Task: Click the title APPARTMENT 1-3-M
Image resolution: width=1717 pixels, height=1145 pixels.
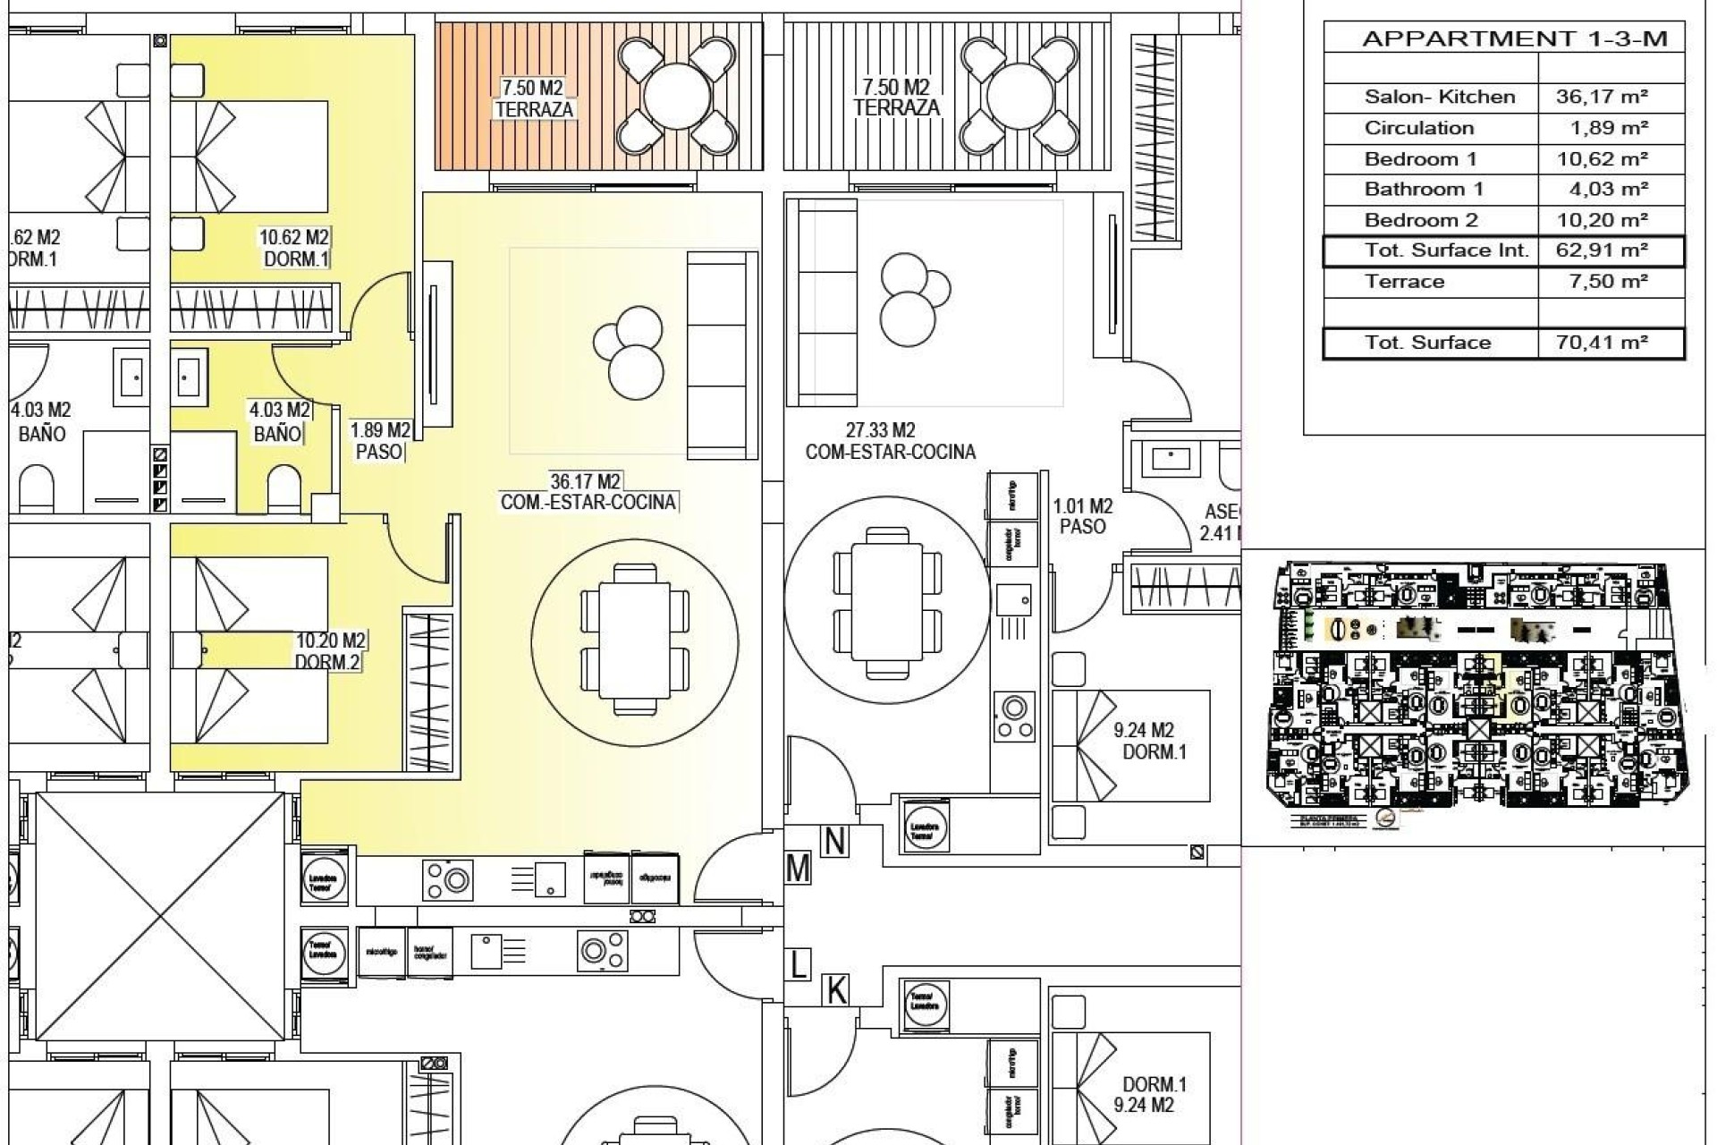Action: click(x=1514, y=38)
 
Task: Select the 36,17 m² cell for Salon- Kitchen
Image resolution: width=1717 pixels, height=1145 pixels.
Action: click(x=1602, y=97)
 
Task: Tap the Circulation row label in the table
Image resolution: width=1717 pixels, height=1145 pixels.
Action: click(x=1418, y=128)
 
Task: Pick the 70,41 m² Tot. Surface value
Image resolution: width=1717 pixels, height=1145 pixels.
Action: click(x=1602, y=343)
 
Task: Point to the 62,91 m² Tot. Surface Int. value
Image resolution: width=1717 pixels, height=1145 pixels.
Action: click(x=1602, y=250)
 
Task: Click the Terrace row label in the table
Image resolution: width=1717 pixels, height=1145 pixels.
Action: click(x=1404, y=282)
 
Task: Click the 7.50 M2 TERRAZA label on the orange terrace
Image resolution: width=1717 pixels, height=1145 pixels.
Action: click(x=534, y=98)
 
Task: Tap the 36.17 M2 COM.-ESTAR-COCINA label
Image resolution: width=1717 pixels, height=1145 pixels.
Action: click(x=588, y=492)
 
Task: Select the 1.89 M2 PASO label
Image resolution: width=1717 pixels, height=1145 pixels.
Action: click(x=380, y=441)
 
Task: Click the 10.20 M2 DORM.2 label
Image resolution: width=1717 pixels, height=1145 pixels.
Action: click(x=329, y=651)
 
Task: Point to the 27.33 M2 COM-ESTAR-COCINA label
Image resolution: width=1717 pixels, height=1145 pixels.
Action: click(x=890, y=442)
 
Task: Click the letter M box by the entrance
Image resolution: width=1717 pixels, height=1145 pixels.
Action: click(x=798, y=869)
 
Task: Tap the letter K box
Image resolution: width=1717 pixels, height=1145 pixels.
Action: click(x=835, y=990)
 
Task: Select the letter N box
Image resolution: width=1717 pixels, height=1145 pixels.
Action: click(x=834, y=841)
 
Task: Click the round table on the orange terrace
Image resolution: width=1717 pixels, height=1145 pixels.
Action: click(x=677, y=97)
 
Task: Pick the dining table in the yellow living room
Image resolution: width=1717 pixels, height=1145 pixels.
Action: click(x=634, y=640)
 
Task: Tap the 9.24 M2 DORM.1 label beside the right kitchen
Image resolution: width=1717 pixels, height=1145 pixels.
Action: click(x=1147, y=742)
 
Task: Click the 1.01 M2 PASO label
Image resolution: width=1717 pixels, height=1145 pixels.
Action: click(x=1082, y=517)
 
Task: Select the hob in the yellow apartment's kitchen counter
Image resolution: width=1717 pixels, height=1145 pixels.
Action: click(x=448, y=879)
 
